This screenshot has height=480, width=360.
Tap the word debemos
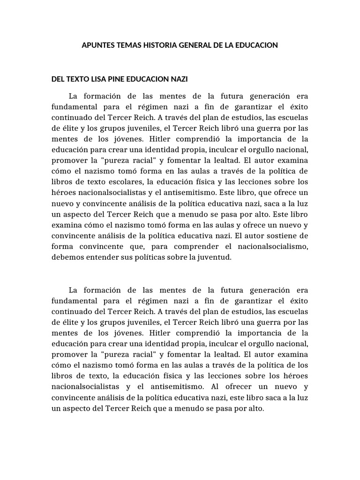click(67, 257)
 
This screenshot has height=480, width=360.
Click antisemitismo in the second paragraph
click(162, 387)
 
